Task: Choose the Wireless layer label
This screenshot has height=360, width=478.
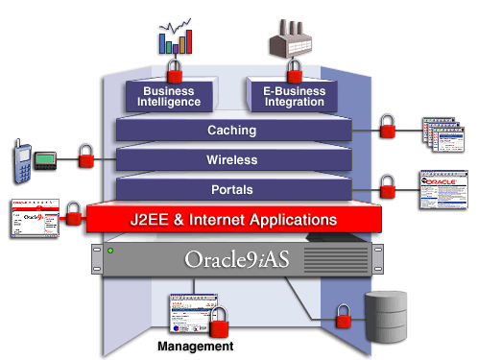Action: [x=230, y=159]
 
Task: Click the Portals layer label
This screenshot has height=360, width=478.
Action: [x=230, y=189]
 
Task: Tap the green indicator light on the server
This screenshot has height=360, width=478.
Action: [x=111, y=252]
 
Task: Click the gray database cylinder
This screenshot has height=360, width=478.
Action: [x=387, y=313]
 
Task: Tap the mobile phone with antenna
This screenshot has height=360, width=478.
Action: [x=21, y=156]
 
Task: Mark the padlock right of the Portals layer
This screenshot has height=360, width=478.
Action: [x=388, y=185]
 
